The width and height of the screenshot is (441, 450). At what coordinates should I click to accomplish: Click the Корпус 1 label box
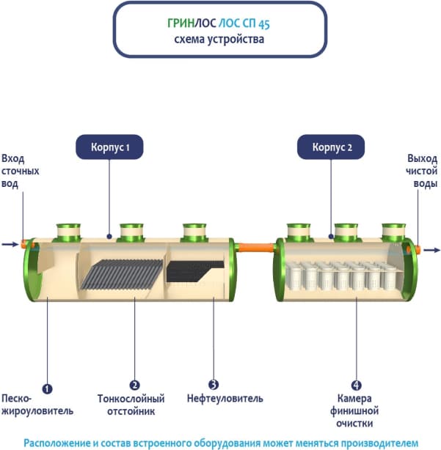point(109,147)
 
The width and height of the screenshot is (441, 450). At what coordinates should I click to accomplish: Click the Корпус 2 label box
point(332,147)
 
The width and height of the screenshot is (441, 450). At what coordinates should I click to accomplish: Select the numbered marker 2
point(134,384)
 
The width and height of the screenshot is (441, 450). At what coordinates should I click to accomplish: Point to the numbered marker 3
point(214,384)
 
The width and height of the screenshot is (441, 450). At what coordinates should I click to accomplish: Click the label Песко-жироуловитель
point(37,405)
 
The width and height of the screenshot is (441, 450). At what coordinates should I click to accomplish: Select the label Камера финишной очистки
point(357,410)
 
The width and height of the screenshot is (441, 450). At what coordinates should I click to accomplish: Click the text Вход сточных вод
point(20,171)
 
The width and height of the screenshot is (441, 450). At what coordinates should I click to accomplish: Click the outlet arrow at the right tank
point(432,251)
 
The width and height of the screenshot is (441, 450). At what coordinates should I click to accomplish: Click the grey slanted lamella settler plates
point(122,274)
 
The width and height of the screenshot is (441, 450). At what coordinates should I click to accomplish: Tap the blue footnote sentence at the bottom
point(220,443)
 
